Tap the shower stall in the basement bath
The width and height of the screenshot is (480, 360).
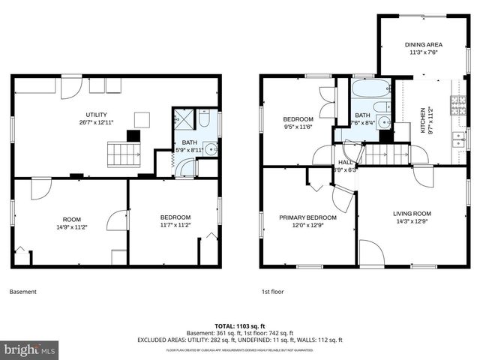point(183,118)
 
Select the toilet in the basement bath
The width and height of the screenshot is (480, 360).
point(205,118)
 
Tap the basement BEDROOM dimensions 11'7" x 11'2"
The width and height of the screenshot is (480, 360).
point(175,224)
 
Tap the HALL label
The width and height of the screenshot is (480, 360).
point(345,162)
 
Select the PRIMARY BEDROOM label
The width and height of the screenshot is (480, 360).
point(307,217)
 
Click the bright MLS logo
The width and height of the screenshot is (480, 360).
point(30,349)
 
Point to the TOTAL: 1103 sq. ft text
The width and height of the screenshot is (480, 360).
point(239,326)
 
